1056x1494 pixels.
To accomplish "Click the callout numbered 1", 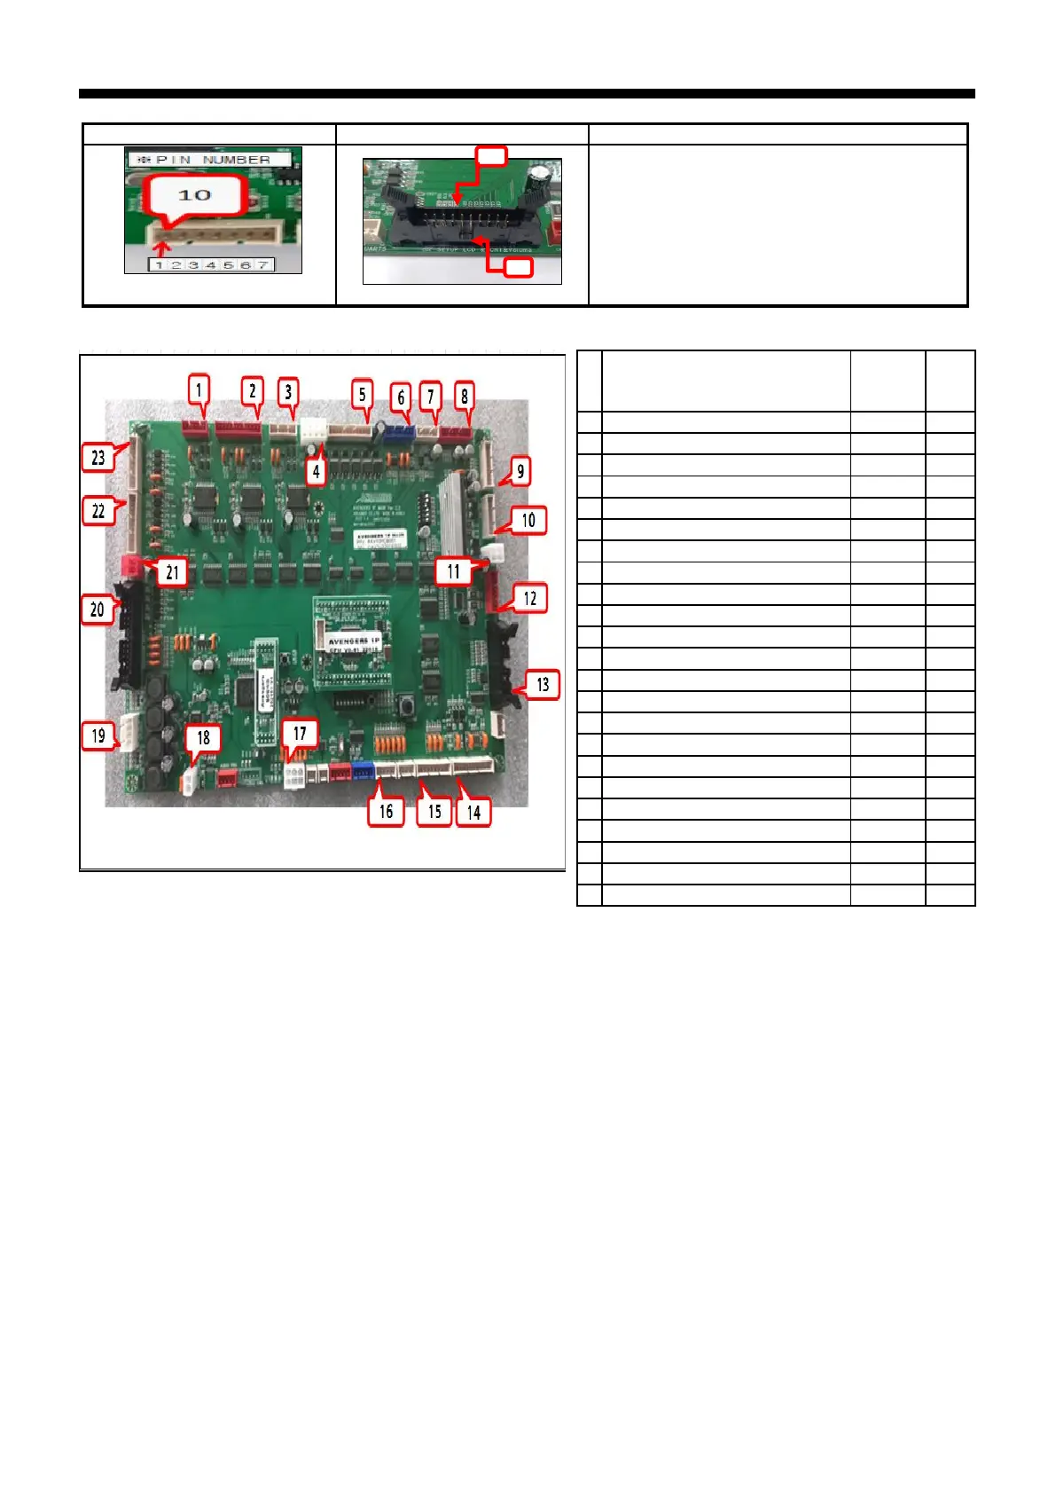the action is [199, 389].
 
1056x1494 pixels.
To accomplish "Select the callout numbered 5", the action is [362, 395].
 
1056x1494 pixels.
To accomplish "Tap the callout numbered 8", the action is [464, 397].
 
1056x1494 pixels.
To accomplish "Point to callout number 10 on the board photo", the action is [528, 520].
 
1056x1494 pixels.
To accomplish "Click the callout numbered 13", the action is [543, 684].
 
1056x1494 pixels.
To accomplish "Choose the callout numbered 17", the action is [300, 734].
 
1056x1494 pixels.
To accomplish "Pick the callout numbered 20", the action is [98, 609].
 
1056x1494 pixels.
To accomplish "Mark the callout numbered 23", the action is [98, 457].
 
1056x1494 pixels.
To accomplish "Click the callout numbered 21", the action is [172, 572].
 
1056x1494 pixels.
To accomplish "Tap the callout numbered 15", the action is [434, 811].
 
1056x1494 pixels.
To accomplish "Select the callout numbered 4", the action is [317, 472].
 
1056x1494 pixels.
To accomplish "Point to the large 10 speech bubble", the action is [195, 195].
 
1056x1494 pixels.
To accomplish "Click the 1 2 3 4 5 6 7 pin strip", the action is [211, 264].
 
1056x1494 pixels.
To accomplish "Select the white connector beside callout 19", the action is [129, 734].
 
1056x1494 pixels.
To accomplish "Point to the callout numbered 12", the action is [529, 598].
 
